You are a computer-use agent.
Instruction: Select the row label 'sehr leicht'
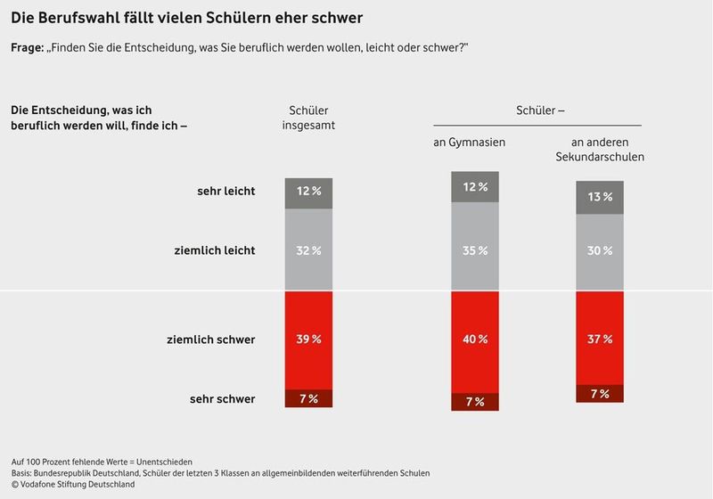click(x=225, y=192)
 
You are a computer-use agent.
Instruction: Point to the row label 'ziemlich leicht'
click(x=214, y=250)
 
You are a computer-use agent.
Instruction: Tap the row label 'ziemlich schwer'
click(x=210, y=339)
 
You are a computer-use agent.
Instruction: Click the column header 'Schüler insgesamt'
click(x=307, y=118)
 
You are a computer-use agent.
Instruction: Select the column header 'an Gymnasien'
click(x=474, y=143)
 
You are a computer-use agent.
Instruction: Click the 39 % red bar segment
click(x=308, y=339)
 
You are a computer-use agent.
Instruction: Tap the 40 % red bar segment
click(x=475, y=339)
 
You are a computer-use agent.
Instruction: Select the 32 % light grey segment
click(x=308, y=250)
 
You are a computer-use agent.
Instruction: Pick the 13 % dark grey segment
click(x=599, y=197)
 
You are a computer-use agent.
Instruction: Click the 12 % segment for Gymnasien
click(x=475, y=187)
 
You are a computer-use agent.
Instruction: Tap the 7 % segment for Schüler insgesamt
click(x=308, y=398)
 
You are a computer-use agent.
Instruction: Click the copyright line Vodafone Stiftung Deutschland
click(x=73, y=484)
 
